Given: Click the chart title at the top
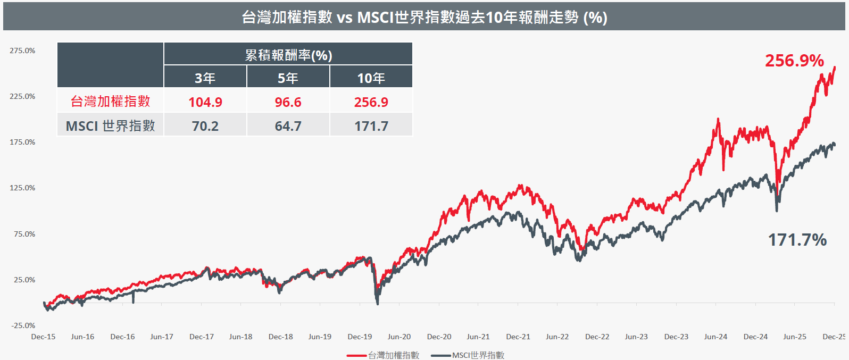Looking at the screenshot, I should (x=424, y=17).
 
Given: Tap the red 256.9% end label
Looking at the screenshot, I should (x=794, y=61).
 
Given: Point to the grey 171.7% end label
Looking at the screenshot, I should (x=797, y=240).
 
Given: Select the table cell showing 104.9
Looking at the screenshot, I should (x=205, y=102).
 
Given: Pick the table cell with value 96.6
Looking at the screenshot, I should (x=288, y=102).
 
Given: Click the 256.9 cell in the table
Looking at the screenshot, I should (x=371, y=102).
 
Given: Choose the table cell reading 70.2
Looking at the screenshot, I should (x=205, y=126).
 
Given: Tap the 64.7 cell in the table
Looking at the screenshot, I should (x=288, y=126).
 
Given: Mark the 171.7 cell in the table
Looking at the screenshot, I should (x=371, y=126).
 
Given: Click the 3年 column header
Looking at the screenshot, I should (x=205, y=78).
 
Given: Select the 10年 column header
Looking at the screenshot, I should (x=371, y=78).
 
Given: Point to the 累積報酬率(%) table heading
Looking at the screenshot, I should (x=288, y=55).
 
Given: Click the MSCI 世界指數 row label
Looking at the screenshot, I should (x=110, y=126).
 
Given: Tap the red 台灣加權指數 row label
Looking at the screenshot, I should (x=110, y=101).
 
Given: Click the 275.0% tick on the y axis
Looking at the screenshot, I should (x=22, y=51).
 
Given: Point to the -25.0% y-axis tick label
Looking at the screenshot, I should (x=23, y=325).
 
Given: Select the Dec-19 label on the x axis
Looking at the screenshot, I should (x=360, y=337).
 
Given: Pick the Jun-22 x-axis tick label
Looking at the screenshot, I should (x=557, y=337).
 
